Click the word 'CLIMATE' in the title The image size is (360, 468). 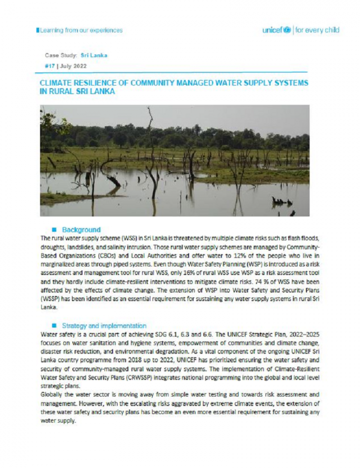click(55, 82)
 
